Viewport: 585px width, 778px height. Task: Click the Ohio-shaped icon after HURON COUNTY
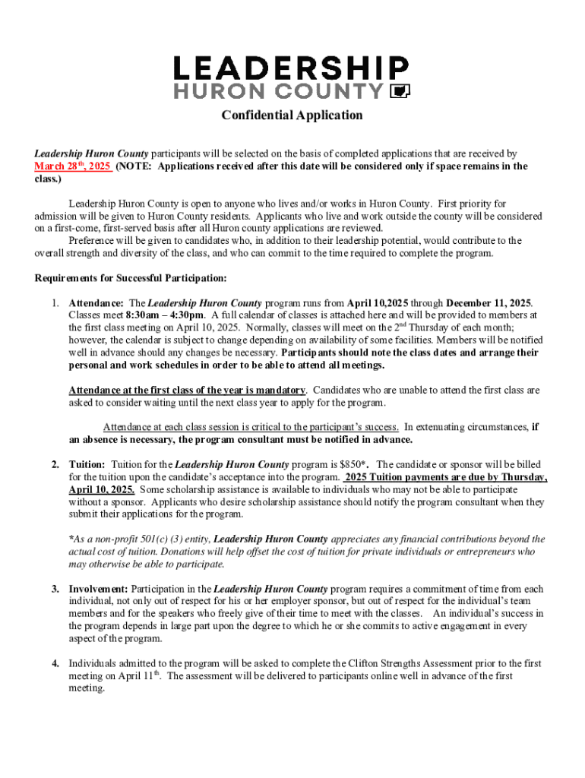(x=400, y=92)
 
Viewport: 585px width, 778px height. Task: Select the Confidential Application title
(x=292, y=115)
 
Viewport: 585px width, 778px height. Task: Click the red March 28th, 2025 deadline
(x=73, y=166)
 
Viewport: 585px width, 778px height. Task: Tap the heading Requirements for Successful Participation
(x=130, y=278)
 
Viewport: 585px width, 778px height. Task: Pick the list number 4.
(x=55, y=663)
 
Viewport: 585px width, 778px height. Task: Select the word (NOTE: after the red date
(x=134, y=166)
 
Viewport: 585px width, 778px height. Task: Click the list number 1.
(x=55, y=303)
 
